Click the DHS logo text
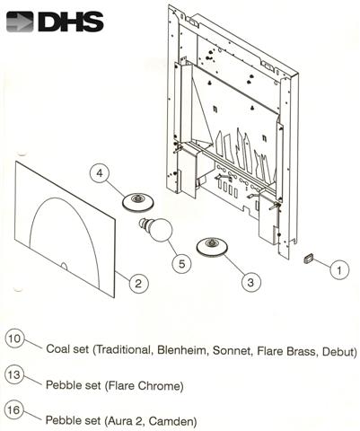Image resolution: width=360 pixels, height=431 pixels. (x=66, y=21)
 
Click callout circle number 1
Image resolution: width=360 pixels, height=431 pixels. (x=338, y=268)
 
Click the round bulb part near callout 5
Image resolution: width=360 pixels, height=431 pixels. (x=159, y=231)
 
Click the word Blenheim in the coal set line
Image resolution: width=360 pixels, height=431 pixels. (x=184, y=350)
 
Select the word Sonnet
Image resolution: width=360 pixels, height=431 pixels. (x=235, y=350)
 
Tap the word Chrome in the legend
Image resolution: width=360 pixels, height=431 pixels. (x=160, y=386)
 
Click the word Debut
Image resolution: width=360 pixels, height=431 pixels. (x=337, y=350)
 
